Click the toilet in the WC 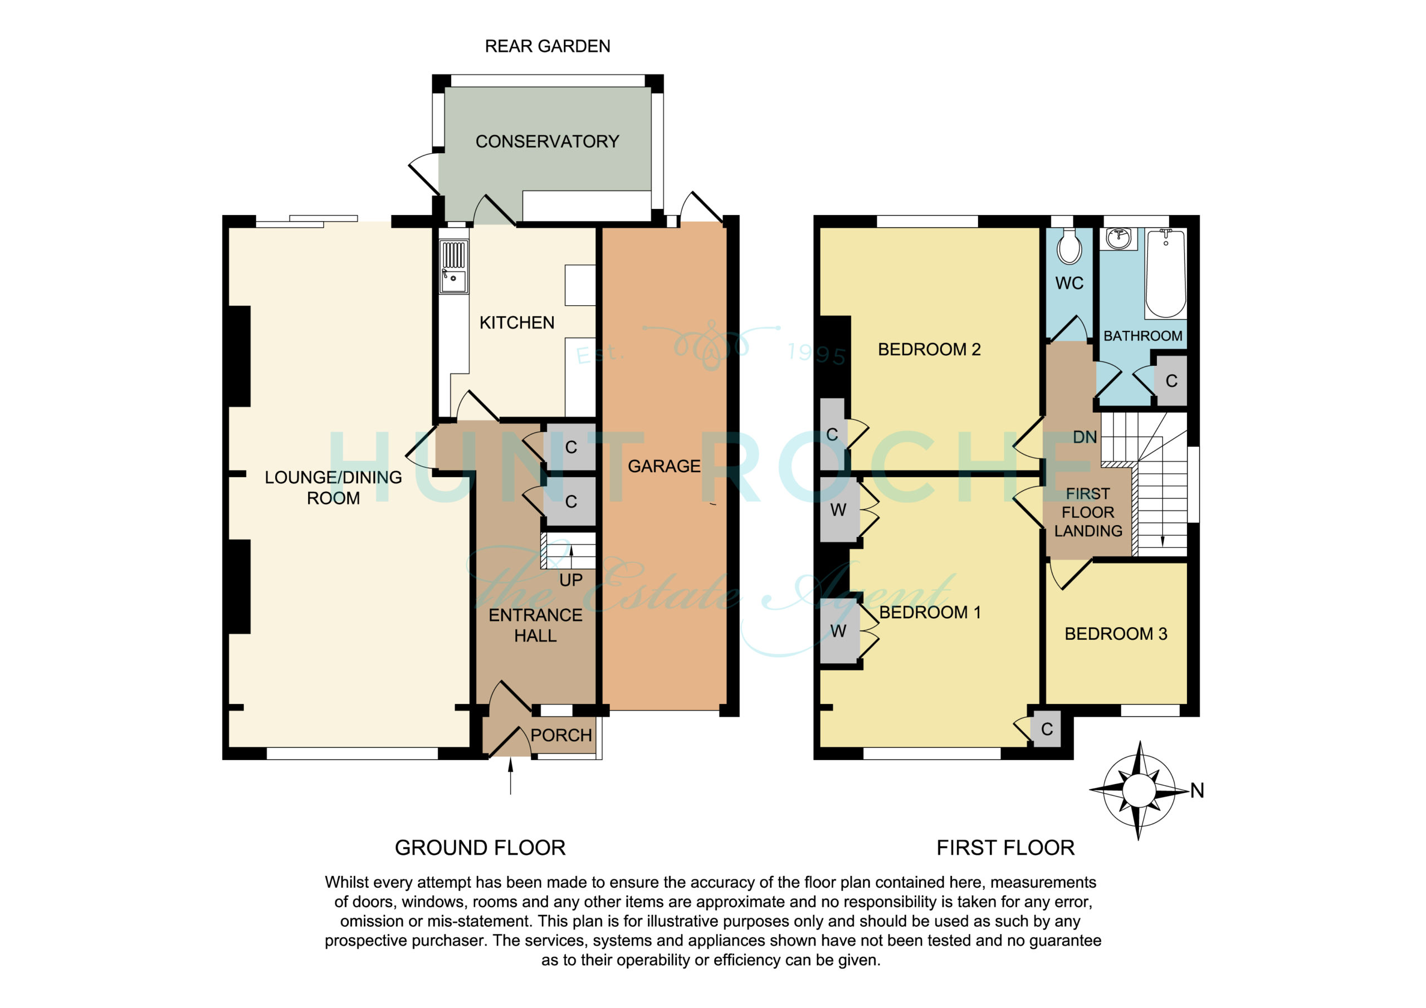1069,247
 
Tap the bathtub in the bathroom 1166,273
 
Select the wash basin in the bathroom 1118,238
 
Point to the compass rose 1139,791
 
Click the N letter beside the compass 1198,791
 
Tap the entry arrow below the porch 511,777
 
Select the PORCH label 561,735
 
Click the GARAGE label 664,466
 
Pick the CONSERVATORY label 547,141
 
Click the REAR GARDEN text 547,46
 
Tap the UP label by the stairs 571,580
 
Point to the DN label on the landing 1085,437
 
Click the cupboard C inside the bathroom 1171,381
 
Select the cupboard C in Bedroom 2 832,434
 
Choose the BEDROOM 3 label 1116,634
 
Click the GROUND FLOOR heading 480,848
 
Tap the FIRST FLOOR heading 1005,848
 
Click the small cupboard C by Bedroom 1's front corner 1047,729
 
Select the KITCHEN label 517,322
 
